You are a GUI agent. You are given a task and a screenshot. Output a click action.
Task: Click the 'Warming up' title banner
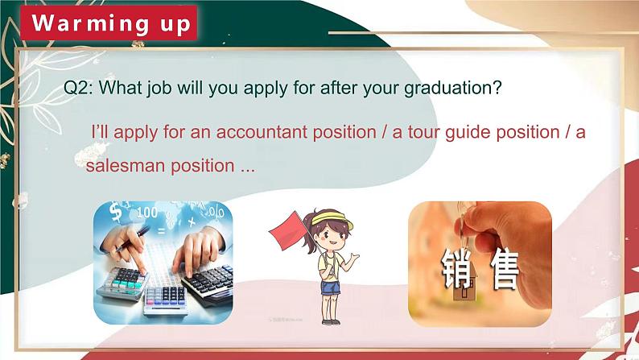(x=113, y=23)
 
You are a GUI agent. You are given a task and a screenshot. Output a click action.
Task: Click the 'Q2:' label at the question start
(x=80, y=88)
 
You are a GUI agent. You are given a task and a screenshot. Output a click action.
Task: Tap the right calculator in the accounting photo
(x=208, y=283)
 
